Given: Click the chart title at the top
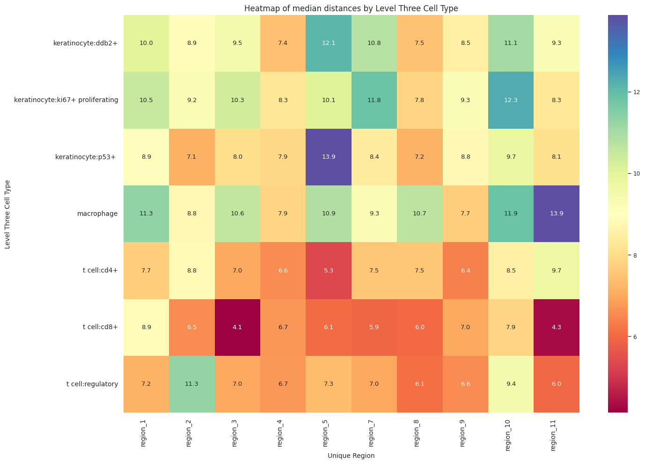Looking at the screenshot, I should pyautogui.click(x=351, y=8).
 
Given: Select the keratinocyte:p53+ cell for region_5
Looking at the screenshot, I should pyautogui.click(x=329, y=157).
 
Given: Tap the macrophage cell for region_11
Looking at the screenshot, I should pyautogui.click(x=556, y=214).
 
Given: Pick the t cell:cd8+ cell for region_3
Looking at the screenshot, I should pyautogui.click(x=237, y=327).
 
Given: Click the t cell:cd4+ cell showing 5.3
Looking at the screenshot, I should pyautogui.click(x=329, y=270).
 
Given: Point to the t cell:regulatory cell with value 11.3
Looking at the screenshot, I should pyautogui.click(x=192, y=384).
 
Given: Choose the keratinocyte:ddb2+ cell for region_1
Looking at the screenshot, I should pyautogui.click(x=147, y=43).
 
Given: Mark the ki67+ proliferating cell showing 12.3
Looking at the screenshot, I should pyautogui.click(x=511, y=100).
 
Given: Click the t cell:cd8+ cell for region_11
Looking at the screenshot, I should pyautogui.click(x=556, y=327).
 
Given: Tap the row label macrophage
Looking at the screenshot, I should pyautogui.click(x=97, y=214).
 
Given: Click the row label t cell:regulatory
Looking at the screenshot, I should pyautogui.click(x=92, y=384).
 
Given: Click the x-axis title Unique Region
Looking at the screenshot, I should pyautogui.click(x=351, y=456).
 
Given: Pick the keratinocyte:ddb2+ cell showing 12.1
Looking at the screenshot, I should pyautogui.click(x=329, y=43).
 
